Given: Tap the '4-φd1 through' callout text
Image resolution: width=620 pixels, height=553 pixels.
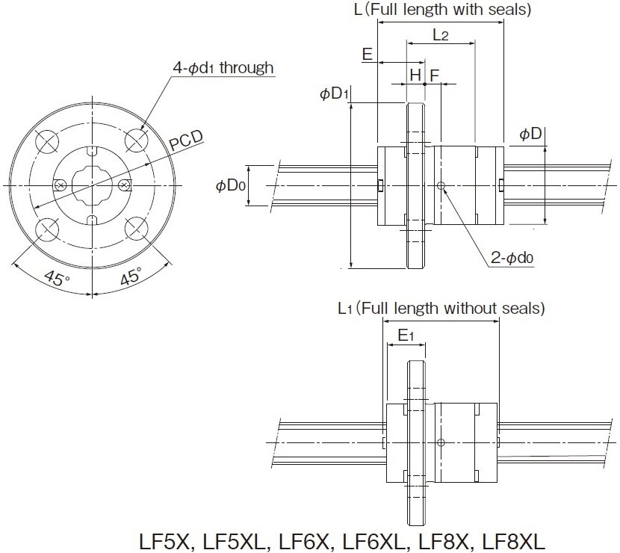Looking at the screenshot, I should tap(223, 68).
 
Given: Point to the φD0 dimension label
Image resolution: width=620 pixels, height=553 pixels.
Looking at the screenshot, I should tap(231, 185).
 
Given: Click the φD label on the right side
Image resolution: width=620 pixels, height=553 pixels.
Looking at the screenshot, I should tap(530, 134).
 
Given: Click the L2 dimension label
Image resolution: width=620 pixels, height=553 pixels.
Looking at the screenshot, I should tap(441, 34).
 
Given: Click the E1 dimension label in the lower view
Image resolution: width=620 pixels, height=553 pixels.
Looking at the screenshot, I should tap(406, 336).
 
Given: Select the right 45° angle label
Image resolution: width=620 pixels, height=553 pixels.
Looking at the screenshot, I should tap(131, 276).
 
